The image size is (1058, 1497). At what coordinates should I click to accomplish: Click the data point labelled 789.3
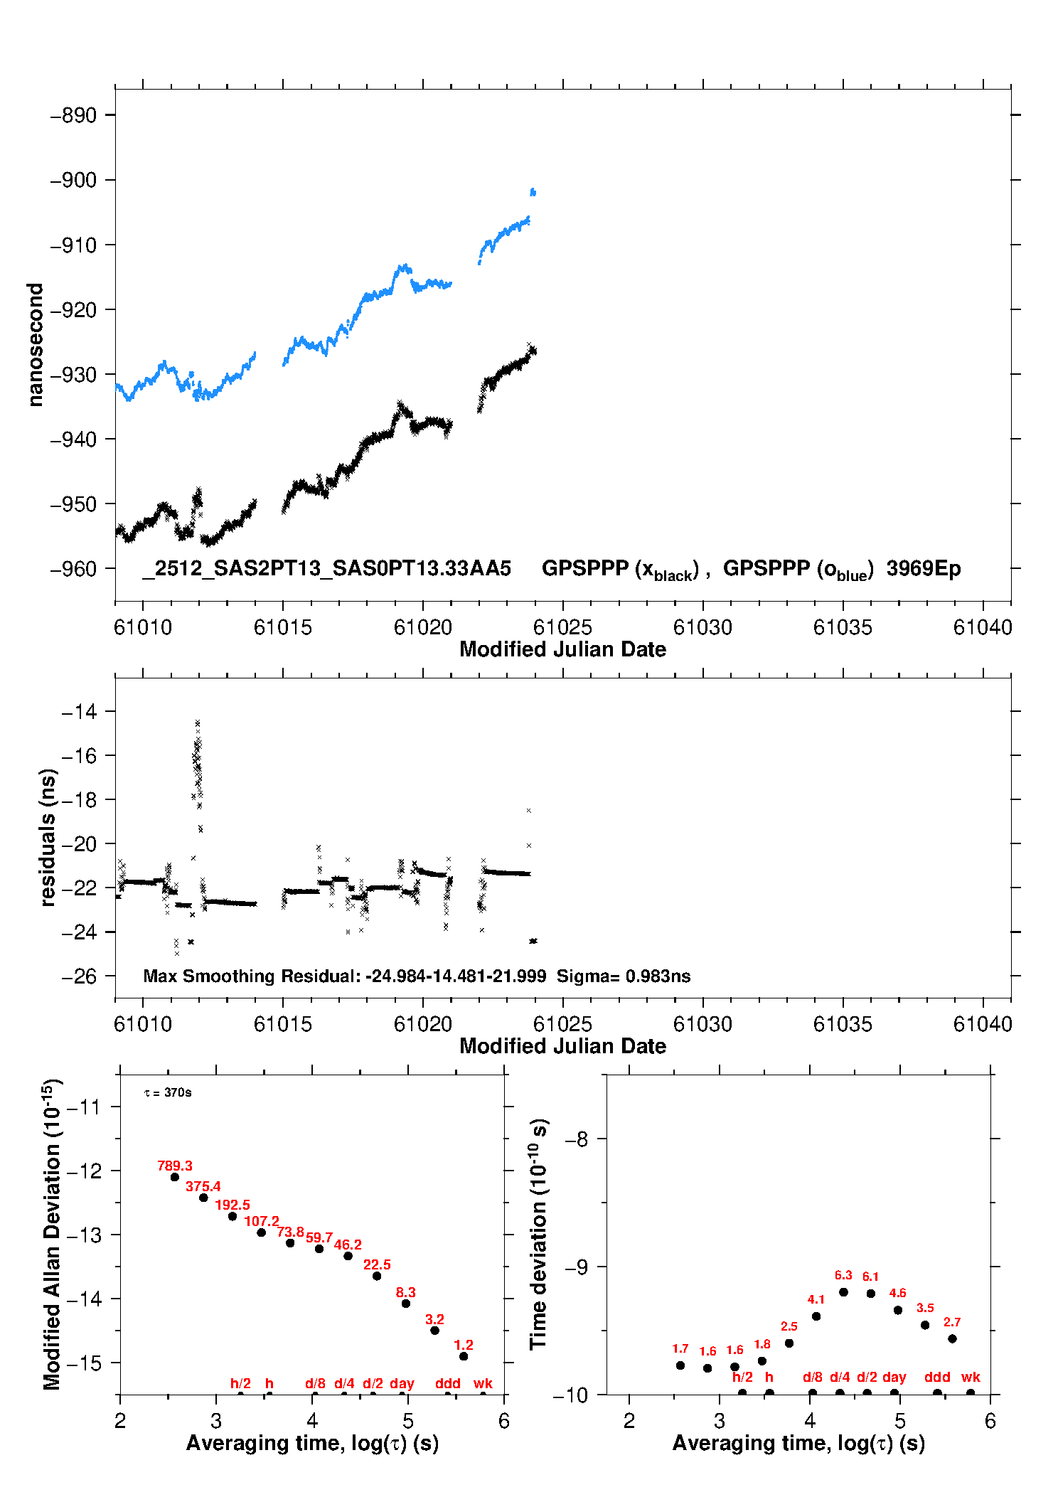[x=175, y=1177]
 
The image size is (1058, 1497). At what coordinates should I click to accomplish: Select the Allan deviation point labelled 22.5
[x=377, y=1276]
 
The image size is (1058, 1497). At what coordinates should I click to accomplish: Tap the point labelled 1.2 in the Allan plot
[x=464, y=1356]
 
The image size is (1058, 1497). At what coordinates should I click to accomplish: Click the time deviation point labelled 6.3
[x=843, y=1292]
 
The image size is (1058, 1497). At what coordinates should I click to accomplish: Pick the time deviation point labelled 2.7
[x=952, y=1338]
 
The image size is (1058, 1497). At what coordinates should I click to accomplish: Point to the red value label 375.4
[x=203, y=1186]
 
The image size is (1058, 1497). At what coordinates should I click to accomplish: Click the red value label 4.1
[x=816, y=1299]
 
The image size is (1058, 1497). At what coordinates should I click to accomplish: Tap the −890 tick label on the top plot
[x=73, y=116]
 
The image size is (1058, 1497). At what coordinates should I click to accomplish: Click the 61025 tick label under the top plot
[x=562, y=627]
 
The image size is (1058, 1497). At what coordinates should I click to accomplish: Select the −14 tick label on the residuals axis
[x=79, y=711]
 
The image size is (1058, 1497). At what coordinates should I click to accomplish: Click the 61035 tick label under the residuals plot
[x=843, y=1024]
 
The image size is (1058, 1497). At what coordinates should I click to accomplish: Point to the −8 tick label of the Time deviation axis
[x=576, y=1139]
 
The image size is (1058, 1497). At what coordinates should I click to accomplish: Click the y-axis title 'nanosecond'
[x=36, y=345]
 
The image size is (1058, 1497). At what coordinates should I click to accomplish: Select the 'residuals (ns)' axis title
[x=48, y=837]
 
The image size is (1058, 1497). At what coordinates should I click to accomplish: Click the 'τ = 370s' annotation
[x=168, y=1092]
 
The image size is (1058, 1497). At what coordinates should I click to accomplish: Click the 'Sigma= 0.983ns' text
[x=624, y=976]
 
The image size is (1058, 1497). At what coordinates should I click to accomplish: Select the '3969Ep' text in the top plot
[x=923, y=568]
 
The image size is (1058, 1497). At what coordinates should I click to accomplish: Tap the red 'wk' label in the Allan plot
[x=483, y=1383]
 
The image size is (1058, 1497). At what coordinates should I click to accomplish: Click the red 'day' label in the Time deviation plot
[x=894, y=1377]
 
